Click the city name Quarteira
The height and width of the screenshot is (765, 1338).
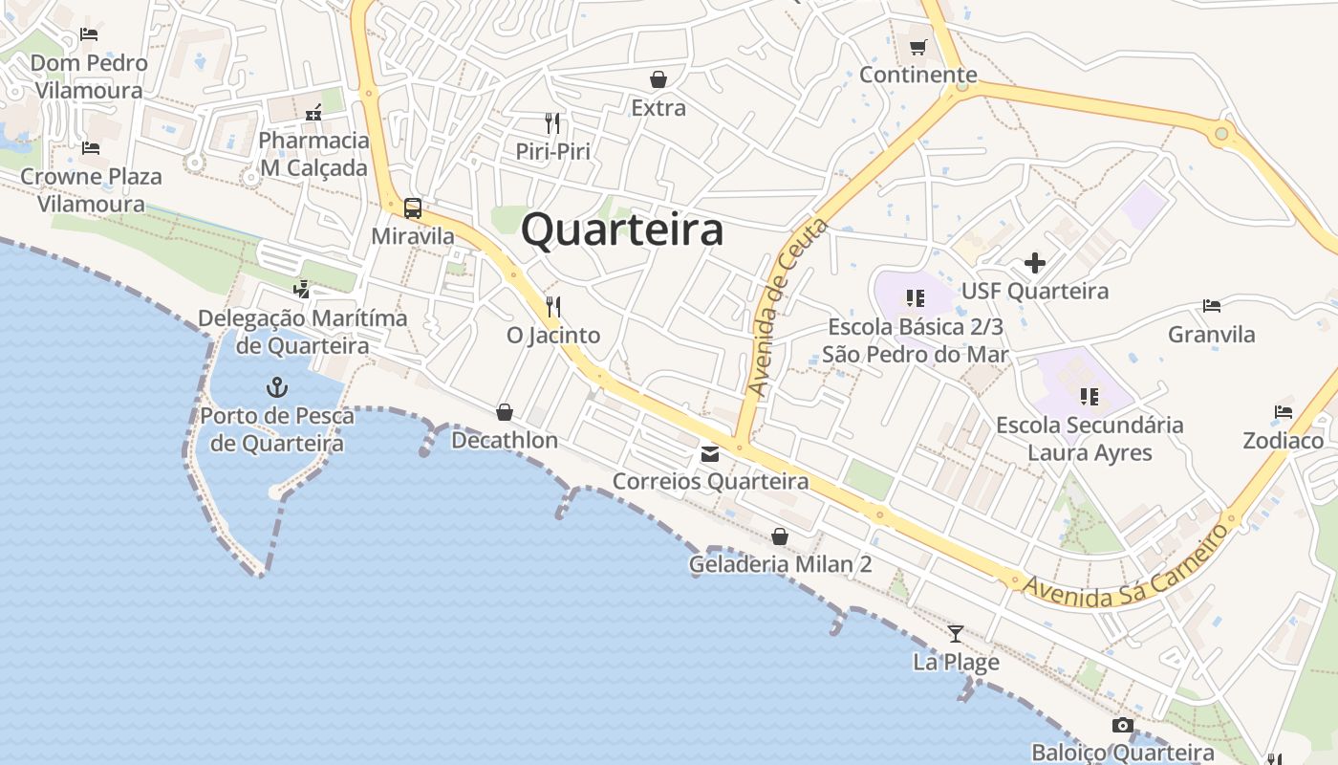tap(622, 230)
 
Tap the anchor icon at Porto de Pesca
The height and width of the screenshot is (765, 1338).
tap(276, 387)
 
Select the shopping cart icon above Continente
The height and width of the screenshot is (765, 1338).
tap(918, 47)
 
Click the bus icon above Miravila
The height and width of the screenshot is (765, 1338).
tap(413, 208)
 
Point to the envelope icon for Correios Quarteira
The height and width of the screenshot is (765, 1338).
tap(710, 454)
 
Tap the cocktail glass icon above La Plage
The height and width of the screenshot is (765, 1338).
tap(955, 633)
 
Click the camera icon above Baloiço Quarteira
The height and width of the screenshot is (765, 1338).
tap(1123, 726)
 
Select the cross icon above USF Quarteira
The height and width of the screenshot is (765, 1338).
tap(1035, 262)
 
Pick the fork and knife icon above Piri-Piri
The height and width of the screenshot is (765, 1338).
tap(552, 123)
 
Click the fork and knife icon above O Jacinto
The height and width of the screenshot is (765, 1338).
tap(552, 307)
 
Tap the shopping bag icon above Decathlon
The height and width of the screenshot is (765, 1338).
tap(505, 412)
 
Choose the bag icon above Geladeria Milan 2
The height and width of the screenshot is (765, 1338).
tap(780, 536)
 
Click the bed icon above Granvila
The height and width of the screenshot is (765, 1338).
tap(1212, 306)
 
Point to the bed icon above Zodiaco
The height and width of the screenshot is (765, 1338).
tap(1284, 412)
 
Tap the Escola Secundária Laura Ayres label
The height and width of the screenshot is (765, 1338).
tap(1090, 438)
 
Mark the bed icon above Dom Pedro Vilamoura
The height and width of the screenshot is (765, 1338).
tap(89, 34)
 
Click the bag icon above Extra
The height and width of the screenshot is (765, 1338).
tap(658, 79)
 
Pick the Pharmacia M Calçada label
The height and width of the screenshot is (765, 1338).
tap(313, 154)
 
